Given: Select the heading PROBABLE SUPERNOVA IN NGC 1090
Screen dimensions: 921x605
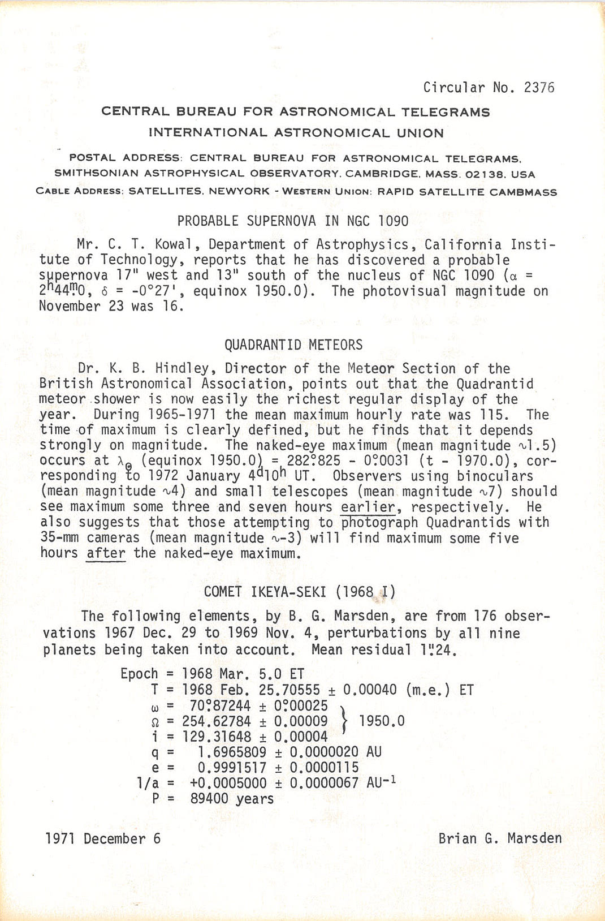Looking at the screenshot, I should pyautogui.click(x=292, y=221).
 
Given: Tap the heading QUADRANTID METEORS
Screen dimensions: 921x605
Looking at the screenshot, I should pyautogui.click(x=293, y=345).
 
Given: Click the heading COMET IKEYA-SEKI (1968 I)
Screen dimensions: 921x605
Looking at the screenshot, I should pyautogui.click(x=300, y=592).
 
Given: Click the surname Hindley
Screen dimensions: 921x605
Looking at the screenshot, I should pyautogui.click(x=183, y=369).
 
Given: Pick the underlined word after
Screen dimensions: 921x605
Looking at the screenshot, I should pyautogui.click(x=106, y=553).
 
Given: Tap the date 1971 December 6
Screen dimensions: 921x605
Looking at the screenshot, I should pyautogui.click(x=103, y=838).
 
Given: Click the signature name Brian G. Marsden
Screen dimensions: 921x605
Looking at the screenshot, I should pyautogui.click(x=500, y=838).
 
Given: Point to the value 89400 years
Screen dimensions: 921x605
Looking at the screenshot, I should pyautogui.click(x=232, y=799).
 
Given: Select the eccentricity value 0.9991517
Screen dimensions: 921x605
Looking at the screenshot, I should pyautogui.click(x=232, y=768).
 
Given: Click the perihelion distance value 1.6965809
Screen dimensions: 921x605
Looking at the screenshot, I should pyautogui.click(x=232, y=752).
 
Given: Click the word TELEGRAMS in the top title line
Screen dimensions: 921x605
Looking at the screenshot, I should pyautogui.click(x=446, y=112).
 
